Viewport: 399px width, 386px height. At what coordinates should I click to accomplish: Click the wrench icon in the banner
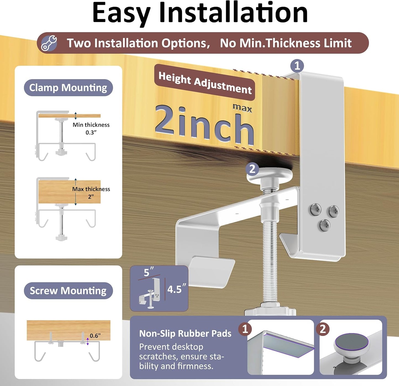(x=49, y=43)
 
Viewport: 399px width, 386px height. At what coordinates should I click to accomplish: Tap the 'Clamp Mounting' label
(x=68, y=88)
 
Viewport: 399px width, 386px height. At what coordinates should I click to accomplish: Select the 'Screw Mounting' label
(x=68, y=291)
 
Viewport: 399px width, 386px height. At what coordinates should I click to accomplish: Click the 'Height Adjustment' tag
(x=205, y=83)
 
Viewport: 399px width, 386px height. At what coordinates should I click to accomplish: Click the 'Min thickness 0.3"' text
(x=91, y=129)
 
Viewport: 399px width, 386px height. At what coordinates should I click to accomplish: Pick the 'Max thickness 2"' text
(x=91, y=193)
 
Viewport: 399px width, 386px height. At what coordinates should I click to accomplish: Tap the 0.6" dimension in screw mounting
(x=95, y=336)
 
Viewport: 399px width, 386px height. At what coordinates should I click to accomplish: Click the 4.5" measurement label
(x=177, y=289)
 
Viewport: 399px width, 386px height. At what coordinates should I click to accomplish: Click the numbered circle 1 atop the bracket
(x=297, y=66)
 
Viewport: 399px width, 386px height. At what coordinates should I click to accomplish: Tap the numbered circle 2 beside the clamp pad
(x=252, y=169)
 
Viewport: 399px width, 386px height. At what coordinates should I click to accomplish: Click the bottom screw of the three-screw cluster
(x=325, y=225)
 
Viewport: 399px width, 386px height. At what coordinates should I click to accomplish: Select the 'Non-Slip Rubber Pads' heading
(x=185, y=334)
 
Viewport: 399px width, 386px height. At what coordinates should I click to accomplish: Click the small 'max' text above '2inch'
(x=242, y=108)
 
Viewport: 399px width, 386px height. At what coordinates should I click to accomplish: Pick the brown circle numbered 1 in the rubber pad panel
(x=245, y=329)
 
